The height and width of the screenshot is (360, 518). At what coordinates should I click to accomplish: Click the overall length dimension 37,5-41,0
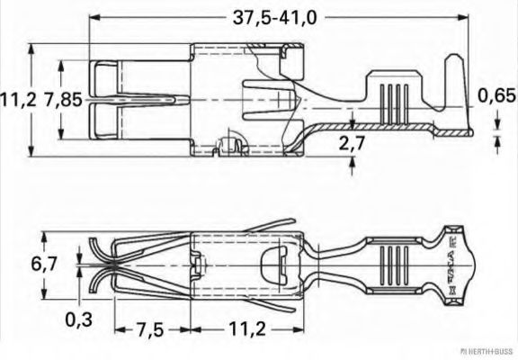tap(278, 17)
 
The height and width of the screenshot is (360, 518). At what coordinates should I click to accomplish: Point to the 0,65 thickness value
tap(495, 95)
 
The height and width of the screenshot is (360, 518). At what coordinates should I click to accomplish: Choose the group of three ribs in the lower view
tap(391, 267)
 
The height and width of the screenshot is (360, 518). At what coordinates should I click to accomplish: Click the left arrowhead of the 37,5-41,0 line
tap(94, 17)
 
